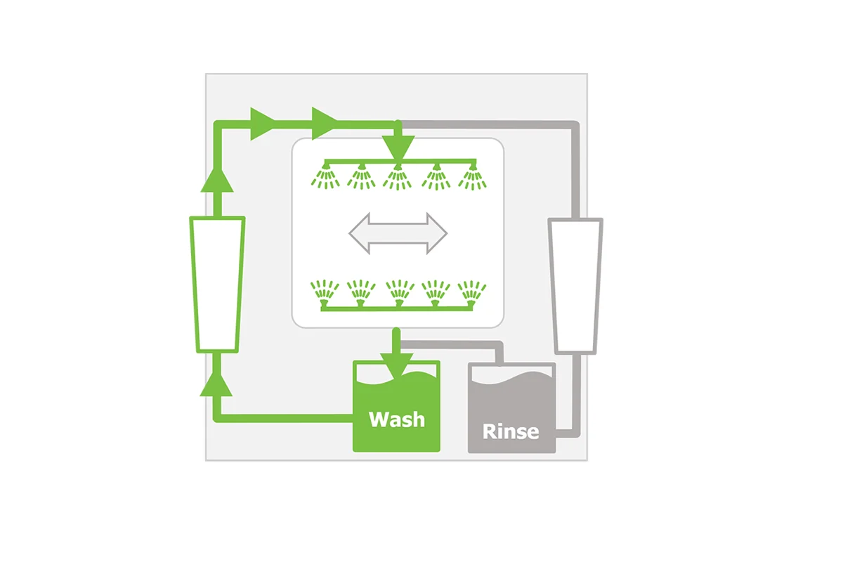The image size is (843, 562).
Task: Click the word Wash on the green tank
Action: [x=397, y=419]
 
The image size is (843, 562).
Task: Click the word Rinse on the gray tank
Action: [x=511, y=431]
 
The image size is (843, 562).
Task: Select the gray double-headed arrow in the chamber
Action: [x=398, y=233]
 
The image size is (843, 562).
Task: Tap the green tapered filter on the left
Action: [x=217, y=285]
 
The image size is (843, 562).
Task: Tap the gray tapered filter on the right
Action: [x=575, y=286]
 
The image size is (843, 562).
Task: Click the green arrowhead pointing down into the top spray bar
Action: [x=398, y=149]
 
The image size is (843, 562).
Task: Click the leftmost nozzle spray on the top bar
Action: [x=325, y=177]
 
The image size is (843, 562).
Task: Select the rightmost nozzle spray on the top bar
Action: [x=472, y=177]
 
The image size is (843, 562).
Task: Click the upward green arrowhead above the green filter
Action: [x=217, y=181]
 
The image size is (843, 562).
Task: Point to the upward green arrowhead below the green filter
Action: [x=216, y=384]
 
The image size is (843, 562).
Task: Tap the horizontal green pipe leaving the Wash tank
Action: [x=283, y=418]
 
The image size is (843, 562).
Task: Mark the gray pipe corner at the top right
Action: [x=575, y=125]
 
